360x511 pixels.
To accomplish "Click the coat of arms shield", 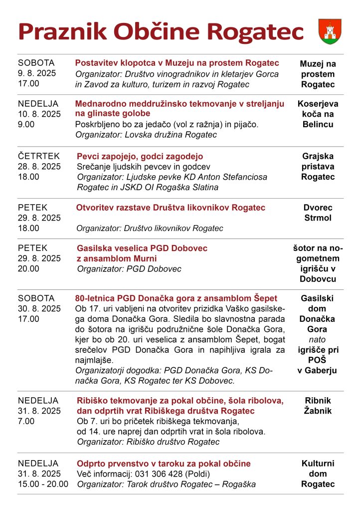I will pos(330,31).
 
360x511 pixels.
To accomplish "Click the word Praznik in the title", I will pos(62,31).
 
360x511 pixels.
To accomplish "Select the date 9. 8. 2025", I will pos(37,73).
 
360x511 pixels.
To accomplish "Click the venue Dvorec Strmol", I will pos(318,213).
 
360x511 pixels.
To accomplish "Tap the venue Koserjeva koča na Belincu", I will pos(318,114).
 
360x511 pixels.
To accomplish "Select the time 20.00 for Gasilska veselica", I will pos(28,268).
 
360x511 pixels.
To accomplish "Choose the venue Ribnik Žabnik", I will pos(318,406).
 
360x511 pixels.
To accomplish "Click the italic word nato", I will pos(318,340).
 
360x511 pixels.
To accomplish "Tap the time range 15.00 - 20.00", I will pos(43,484).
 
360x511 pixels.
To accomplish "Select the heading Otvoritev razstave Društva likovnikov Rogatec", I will pos(171,208).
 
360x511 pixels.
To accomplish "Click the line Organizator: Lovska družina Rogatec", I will pos(146,135).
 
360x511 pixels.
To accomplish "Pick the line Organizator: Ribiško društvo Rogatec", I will pos(148,442).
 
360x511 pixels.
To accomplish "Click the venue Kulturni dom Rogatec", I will pos(318,474).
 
